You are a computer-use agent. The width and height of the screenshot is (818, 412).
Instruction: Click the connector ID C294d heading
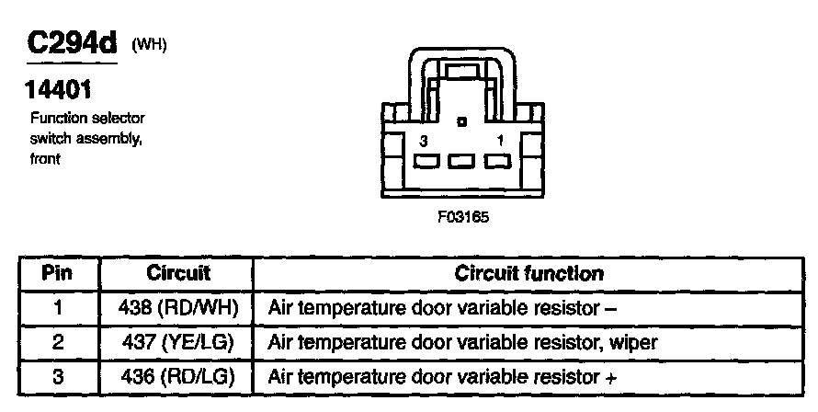pyautogui.click(x=72, y=43)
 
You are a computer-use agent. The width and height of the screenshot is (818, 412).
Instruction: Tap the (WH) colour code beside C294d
pyautogui.click(x=149, y=45)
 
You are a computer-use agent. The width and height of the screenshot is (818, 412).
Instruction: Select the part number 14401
pyautogui.click(x=58, y=90)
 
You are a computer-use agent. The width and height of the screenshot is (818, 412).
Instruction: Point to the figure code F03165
pyautogui.click(x=463, y=217)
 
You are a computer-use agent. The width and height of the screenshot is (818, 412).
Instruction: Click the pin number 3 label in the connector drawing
pyautogui.click(x=424, y=141)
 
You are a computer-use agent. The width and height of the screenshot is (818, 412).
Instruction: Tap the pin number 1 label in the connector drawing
pyautogui.click(x=500, y=141)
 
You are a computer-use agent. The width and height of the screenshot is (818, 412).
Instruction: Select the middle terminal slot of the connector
pyautogui.click(x=461, y=161)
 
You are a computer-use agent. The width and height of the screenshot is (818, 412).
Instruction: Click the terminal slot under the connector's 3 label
pyautogui.click(x=426, y=161)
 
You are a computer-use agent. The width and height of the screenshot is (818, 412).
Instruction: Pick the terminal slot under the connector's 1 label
pyautogui.click(x=497, y=161)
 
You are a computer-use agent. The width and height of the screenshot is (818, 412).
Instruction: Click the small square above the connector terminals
pyautogui.click(x=461, y=122)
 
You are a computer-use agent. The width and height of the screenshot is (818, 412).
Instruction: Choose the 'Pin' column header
pyautogui.click(x=57, y=273)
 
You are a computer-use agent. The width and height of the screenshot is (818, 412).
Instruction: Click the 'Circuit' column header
pyautogui.click(x=178, y=273)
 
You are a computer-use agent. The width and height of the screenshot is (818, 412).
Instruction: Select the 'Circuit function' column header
pyautogui.click(x=529, y=274)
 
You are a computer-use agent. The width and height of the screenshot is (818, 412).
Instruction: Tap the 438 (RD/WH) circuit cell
pyautogui.click(x=178, y=308)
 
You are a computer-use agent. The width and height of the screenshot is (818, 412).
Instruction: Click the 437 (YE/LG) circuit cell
pyautogui.click(x=178, y=342)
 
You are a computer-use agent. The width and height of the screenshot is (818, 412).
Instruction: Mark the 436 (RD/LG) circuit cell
pyautogui.click(x=178, y=376)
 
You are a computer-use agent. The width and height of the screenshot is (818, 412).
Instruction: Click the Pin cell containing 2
pyautogui.click(x=58, y=342)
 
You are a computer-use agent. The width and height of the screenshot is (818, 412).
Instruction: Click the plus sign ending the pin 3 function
pyautogui.click(x=610, y=378)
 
